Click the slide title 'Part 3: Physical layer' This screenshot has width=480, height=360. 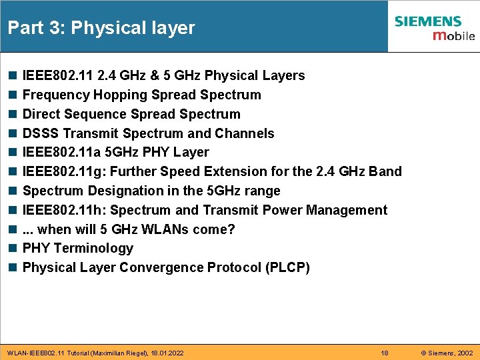tap(101, 28)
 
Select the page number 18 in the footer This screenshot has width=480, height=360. tap(384, 353)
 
